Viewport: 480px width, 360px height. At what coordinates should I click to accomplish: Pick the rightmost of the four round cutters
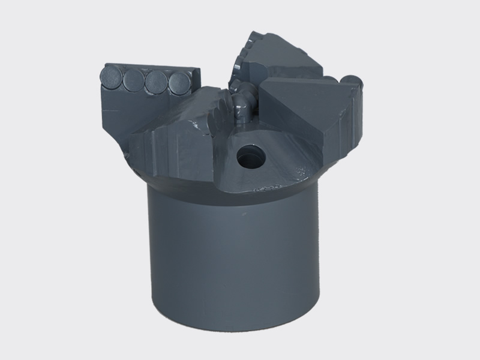pyautogui.click(x=178, y=83)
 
